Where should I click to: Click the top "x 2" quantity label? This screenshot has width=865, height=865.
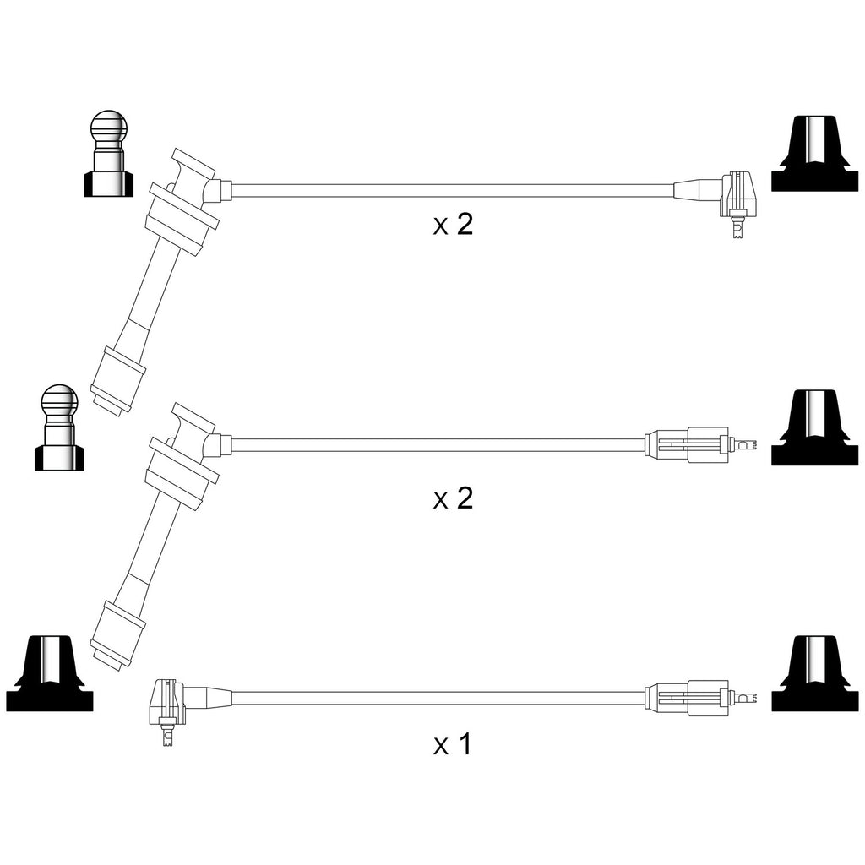453,225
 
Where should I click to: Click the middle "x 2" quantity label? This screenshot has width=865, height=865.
453,498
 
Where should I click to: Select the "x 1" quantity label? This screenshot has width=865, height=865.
453,744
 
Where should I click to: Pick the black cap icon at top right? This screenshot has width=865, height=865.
815,154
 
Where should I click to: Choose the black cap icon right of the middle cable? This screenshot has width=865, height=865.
815,427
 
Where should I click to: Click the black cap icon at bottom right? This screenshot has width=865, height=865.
815,673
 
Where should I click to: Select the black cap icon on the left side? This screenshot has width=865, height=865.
50,673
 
